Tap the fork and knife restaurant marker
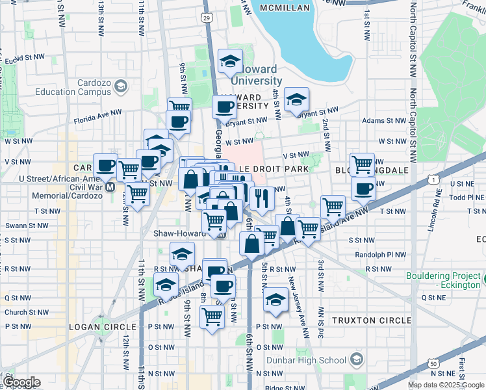click(x=261, y=198)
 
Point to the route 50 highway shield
click(x=433, y=364)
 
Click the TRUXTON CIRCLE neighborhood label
click(x=371, y=320)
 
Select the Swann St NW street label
click(x=19, y=226)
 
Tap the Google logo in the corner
click(x=21, y=382)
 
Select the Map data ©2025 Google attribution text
click(x=446, y=385)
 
